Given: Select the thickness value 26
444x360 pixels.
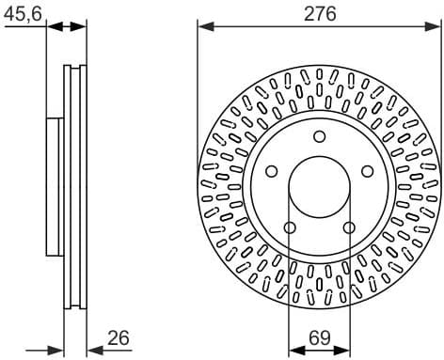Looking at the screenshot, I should (x=118, y=337).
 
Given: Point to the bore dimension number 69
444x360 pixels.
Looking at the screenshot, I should (x=320, y=337).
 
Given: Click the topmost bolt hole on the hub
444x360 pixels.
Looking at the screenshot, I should (x=320, y=137).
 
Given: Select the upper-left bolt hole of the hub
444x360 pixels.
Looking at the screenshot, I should (x=273, y=171).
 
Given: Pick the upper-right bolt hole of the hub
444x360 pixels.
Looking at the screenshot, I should (x=367, y=171).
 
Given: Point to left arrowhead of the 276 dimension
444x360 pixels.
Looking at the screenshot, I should (x=204, y=25).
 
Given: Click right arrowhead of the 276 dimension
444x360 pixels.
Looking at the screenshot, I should (x=436, y=25).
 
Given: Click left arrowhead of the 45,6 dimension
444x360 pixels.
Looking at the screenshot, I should (x=53, y=25).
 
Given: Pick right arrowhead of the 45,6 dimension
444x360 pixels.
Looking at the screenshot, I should (x=81, y=25).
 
